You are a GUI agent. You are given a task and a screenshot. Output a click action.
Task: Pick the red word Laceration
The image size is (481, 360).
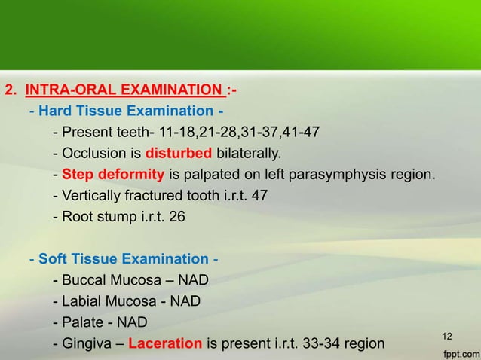coord(165,345)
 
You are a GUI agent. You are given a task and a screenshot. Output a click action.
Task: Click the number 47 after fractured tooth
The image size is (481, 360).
coord(258,197)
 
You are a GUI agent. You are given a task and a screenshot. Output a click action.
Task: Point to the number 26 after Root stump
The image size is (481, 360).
coord(175,218)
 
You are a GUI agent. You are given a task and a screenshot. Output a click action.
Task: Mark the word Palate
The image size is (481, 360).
coord(81,323)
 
